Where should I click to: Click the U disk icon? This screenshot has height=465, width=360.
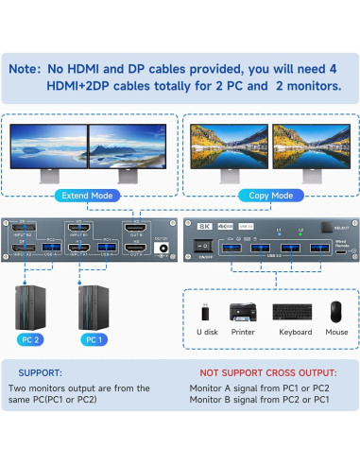207,312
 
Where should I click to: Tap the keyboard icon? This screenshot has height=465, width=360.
294,312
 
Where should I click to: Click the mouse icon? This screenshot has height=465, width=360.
336,312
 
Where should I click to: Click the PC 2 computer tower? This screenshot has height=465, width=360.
30,304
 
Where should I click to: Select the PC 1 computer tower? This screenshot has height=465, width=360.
92,304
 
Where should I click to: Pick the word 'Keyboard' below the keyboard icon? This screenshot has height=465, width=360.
294,333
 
